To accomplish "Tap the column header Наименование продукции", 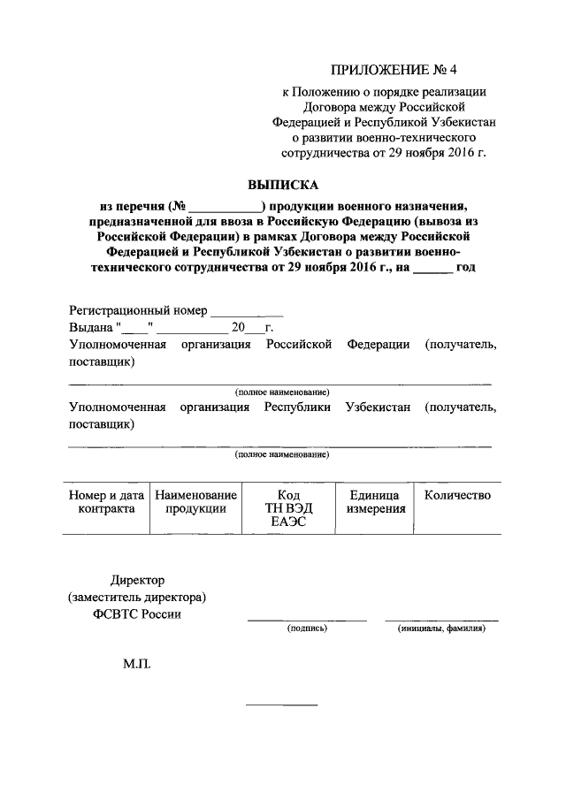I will click(195, 501).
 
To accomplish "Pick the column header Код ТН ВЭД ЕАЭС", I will click(287, 507).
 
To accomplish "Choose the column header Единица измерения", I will click(376, 501).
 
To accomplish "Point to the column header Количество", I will click(457, 495).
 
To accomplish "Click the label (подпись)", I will click(306, 629).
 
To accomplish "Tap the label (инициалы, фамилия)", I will click(441, 629).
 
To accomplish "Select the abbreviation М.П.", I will click(137, 661).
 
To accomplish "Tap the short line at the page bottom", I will click(280, 705).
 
